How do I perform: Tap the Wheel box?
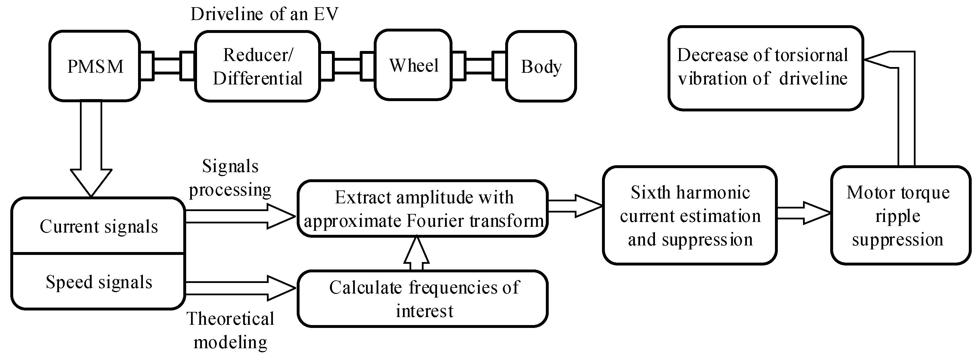(413, 65)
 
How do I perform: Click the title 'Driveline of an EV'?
(264, 14)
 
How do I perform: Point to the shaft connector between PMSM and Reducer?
(167, 66)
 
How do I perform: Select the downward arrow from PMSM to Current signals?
(91, 152)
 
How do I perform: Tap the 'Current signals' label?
(99, 227)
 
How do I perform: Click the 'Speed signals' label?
(99, 282)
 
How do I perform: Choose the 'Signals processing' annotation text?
(230, 178)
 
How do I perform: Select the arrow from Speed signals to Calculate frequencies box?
(239, 288)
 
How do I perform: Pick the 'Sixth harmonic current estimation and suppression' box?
(690, 215)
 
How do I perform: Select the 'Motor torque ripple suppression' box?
(898, 215)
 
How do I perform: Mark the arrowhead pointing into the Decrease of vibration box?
(875, 60)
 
